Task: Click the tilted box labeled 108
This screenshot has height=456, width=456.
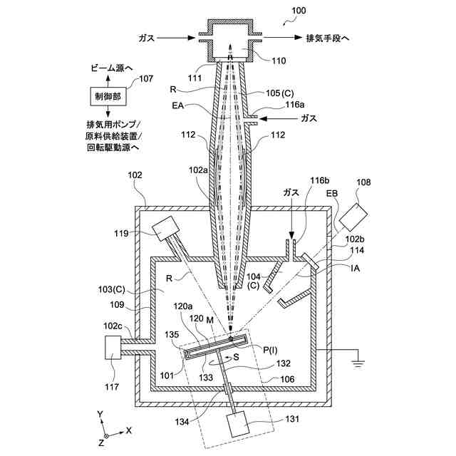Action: (x=356, y=209)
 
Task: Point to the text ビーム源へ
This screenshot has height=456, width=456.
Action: (x=105, y=68)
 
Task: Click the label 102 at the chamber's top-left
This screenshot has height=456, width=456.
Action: (x=135, y=175)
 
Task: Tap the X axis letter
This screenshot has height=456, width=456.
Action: (x=128, y=430)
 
